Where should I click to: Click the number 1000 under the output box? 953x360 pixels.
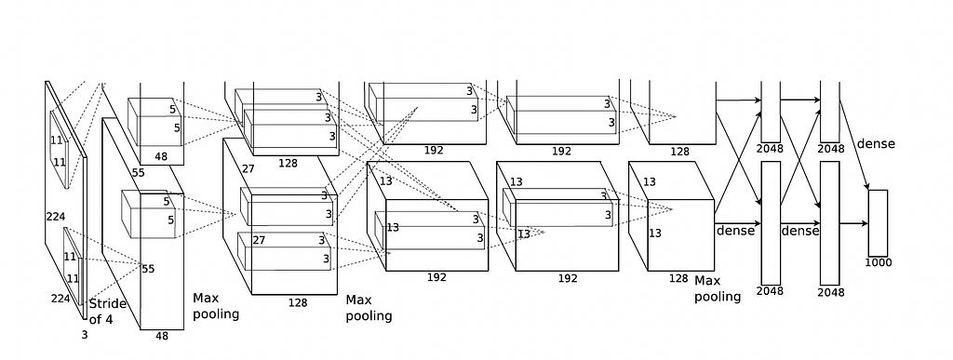[x=879, y=263]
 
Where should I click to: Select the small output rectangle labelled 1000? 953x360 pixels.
[x=878, y=223]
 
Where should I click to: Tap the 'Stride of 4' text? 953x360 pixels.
[x=108, y=311]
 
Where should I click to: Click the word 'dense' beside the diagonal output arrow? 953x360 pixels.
[x=876, y=144]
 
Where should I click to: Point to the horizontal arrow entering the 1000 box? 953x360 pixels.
[x=853, y=223]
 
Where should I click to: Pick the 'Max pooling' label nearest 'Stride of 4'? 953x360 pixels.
[x=216, y=306]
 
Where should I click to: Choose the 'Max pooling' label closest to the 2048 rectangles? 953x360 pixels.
[x=718, y=288]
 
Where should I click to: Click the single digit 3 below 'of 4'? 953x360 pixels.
[x=85, y=335]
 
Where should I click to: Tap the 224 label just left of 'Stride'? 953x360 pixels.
[x=60, y=298]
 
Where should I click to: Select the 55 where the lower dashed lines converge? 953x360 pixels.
[x=148, y=269]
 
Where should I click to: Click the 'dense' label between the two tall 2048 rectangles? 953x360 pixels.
[x=799, y=231]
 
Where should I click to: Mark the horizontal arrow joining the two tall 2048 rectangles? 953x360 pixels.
[x=800, y=223]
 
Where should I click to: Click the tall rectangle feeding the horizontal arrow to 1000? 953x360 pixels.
[x=829, y=223]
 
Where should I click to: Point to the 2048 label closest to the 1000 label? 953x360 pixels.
[x=831, y=293]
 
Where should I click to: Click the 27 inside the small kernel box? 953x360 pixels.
[x=259, y=240]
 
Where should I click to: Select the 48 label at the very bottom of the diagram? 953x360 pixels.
[x=162, y=335]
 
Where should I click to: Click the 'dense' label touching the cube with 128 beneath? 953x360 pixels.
[x=735, y=231]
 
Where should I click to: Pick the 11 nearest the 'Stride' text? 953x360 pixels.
[x=73, y=279]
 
